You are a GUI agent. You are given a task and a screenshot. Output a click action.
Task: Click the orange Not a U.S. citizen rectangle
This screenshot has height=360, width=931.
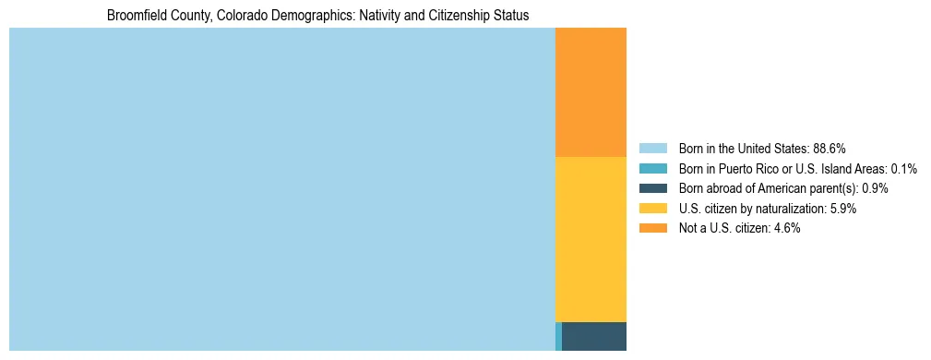[591, 92]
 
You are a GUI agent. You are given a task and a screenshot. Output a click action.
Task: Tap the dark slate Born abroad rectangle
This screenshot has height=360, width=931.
[593, 336]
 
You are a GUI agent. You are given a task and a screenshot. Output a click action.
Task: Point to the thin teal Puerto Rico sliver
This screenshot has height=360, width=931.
[558, 336]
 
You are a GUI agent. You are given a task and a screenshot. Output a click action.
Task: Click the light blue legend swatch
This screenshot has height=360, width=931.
[652, 148]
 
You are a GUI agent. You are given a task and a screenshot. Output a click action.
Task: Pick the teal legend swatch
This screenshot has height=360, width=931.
[652, 168]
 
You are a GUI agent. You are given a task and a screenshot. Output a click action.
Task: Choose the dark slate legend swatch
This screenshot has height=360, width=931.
[652, 188]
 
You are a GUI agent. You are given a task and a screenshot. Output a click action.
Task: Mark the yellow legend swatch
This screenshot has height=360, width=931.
[652, 209]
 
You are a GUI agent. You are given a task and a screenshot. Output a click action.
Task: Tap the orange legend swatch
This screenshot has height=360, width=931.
[652, 228]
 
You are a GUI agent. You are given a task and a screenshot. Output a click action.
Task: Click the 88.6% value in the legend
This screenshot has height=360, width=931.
[830, 148]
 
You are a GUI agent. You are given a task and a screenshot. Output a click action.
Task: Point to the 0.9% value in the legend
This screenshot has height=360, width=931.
[875, 188]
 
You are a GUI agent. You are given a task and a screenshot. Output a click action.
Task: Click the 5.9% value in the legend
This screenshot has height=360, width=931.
[842, 209]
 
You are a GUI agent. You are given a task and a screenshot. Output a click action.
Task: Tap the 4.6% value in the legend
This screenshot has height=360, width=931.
[786, 228]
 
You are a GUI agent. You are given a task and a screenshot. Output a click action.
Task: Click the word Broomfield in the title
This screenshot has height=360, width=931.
[135, 16]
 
